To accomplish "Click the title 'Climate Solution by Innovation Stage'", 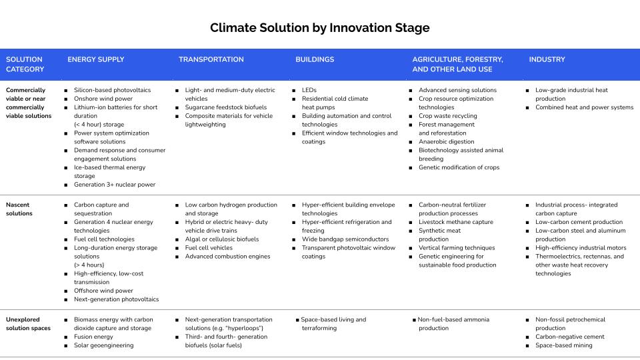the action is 319,28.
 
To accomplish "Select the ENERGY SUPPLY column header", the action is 96,59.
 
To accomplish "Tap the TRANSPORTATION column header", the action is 211,59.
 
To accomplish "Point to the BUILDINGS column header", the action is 315,59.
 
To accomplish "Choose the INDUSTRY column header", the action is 547,59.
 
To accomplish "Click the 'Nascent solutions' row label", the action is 19,209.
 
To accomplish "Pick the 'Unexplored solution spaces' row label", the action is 28,324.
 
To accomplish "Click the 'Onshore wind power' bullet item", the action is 103,99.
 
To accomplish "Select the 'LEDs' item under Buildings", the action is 309,90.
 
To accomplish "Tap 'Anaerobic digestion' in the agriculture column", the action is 447,141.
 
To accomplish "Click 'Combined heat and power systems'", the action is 585,107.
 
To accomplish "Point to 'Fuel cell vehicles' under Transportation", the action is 209,248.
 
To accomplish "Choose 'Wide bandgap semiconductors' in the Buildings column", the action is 345,239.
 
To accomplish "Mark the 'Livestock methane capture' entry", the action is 456,222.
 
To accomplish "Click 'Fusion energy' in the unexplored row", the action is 93,337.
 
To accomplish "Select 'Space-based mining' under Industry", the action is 564,345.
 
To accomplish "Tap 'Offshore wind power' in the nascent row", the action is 103,291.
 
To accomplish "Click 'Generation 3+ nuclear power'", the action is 115,185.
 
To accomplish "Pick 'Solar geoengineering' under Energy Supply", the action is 104,345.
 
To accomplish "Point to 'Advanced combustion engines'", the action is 227,256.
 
